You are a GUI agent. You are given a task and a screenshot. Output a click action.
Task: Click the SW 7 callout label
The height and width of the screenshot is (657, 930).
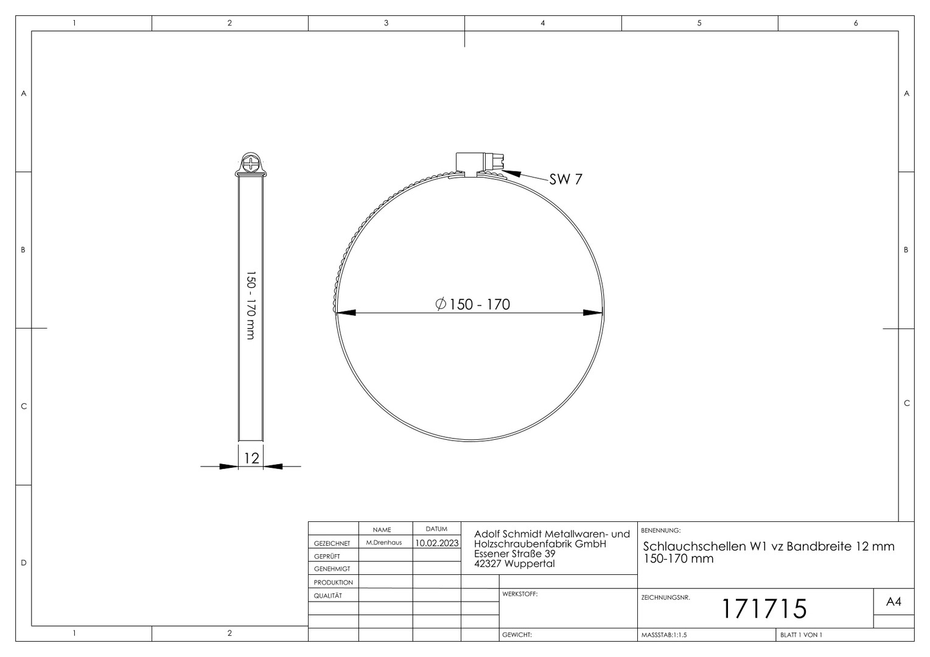point(565,179)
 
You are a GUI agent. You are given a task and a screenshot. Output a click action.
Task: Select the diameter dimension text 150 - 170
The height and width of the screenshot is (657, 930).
point(472,304)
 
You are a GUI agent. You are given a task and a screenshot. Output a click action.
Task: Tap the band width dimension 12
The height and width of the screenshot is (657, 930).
point(251,458)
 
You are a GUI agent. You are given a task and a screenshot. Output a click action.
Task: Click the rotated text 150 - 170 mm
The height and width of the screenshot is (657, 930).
point(251,305)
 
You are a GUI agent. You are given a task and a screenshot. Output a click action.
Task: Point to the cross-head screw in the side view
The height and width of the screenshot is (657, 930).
point(251,162)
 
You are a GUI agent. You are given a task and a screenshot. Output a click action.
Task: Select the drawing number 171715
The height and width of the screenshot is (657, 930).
point(764,609)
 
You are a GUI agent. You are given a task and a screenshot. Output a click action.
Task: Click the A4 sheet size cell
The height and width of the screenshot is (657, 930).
point(893,602)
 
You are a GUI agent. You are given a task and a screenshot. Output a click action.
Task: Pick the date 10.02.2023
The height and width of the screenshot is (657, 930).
point(437,543)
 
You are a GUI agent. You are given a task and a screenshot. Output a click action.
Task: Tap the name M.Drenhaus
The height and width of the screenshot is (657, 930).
point(383,543)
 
